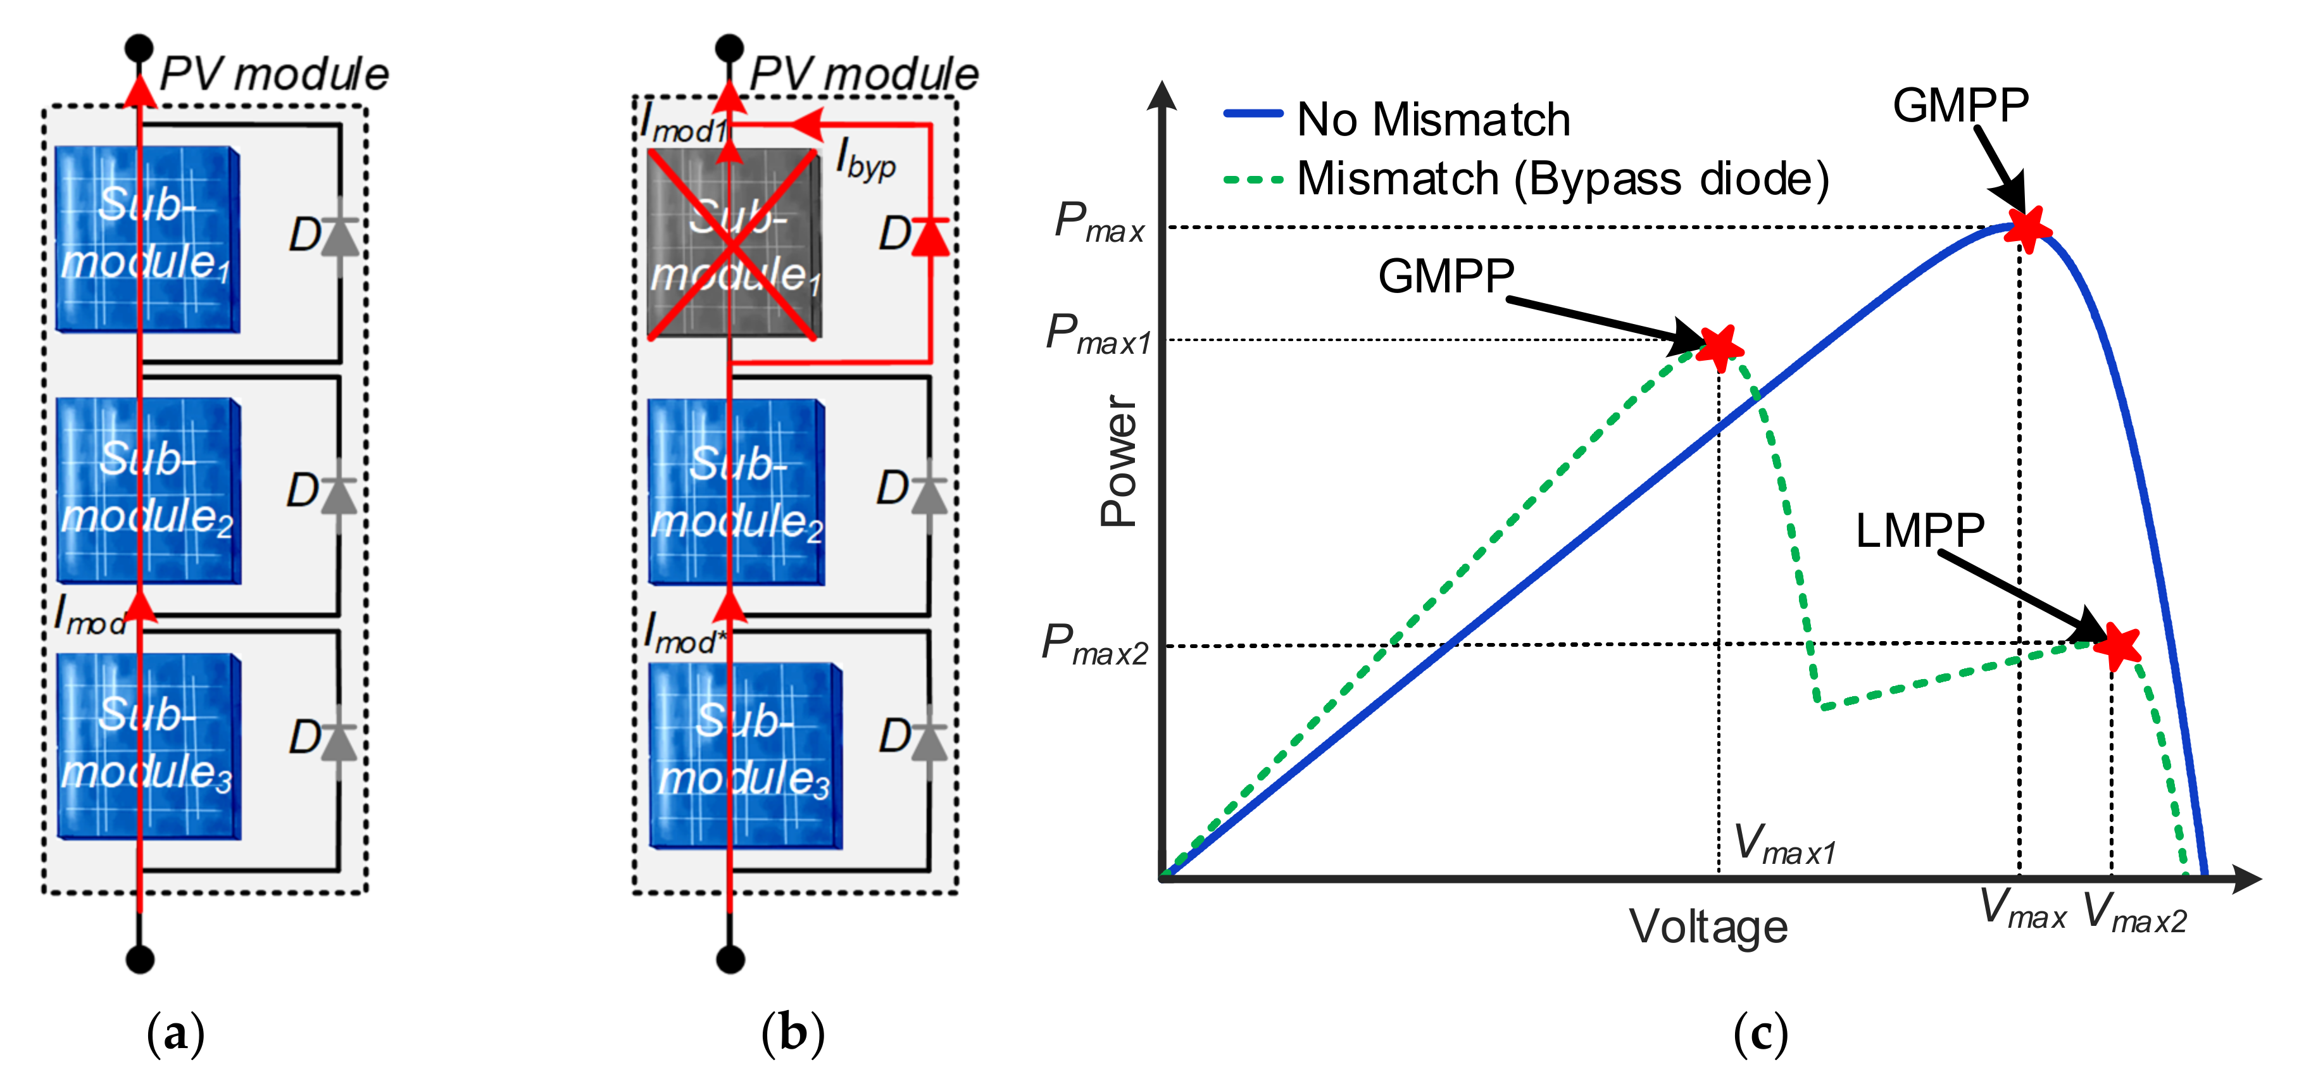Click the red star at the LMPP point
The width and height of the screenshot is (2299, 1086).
[x=2117, y=644]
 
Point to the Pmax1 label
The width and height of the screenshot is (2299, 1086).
[x=1098, y=335]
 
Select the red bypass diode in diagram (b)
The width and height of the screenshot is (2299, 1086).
[x=930, y=237]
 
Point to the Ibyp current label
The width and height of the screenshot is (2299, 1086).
[x=866, y=161]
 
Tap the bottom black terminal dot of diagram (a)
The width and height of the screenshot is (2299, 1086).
[x=139, y=959]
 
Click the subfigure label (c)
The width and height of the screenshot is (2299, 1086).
[x=1760, y=1033]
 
